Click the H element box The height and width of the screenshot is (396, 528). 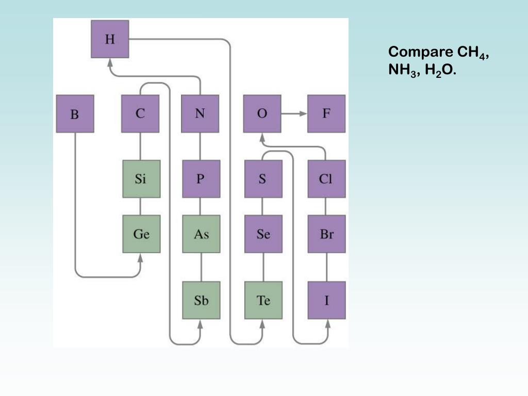point(110,39)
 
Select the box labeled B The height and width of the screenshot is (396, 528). point(75,113)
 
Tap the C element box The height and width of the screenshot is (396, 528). point(140,113)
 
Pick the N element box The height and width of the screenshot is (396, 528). point(200,113)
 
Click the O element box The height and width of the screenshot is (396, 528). point(262,113)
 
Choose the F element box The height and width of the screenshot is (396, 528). point(326,113)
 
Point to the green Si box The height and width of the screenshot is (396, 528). point(141,179)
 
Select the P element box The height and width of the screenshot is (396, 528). point(201,179)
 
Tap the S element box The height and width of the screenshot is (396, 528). point(263,179)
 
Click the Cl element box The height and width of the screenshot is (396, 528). point(326,179)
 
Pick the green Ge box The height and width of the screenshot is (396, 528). point(141,234)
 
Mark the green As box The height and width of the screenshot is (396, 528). point(201,234)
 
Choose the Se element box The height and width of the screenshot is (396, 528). point(263,234)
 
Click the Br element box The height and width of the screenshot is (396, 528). point(326,234)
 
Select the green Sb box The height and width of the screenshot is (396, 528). point(201,300)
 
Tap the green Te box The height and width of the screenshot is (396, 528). point(263,300)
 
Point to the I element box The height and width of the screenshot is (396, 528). point(326,300)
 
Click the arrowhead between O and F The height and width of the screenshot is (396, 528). point(302,113)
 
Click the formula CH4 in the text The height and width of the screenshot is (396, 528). point(471,53)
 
